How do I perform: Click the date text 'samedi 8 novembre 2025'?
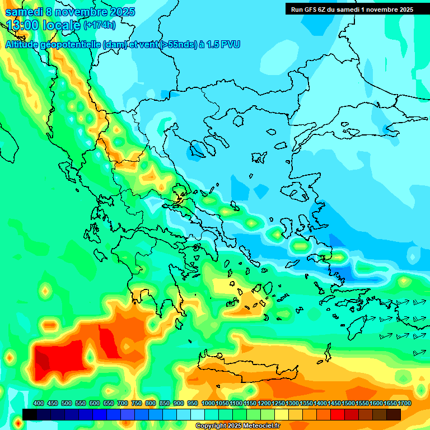70,12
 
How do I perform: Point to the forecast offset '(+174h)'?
99,25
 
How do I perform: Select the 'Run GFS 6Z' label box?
351,9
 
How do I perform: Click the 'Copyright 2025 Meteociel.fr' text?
237,426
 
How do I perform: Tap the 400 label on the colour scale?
39,404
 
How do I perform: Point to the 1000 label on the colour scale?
208,404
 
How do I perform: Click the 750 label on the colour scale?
137,404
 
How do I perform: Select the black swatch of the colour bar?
30,414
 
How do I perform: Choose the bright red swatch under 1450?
338,414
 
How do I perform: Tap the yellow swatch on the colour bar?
282,414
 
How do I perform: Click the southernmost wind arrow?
419,353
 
